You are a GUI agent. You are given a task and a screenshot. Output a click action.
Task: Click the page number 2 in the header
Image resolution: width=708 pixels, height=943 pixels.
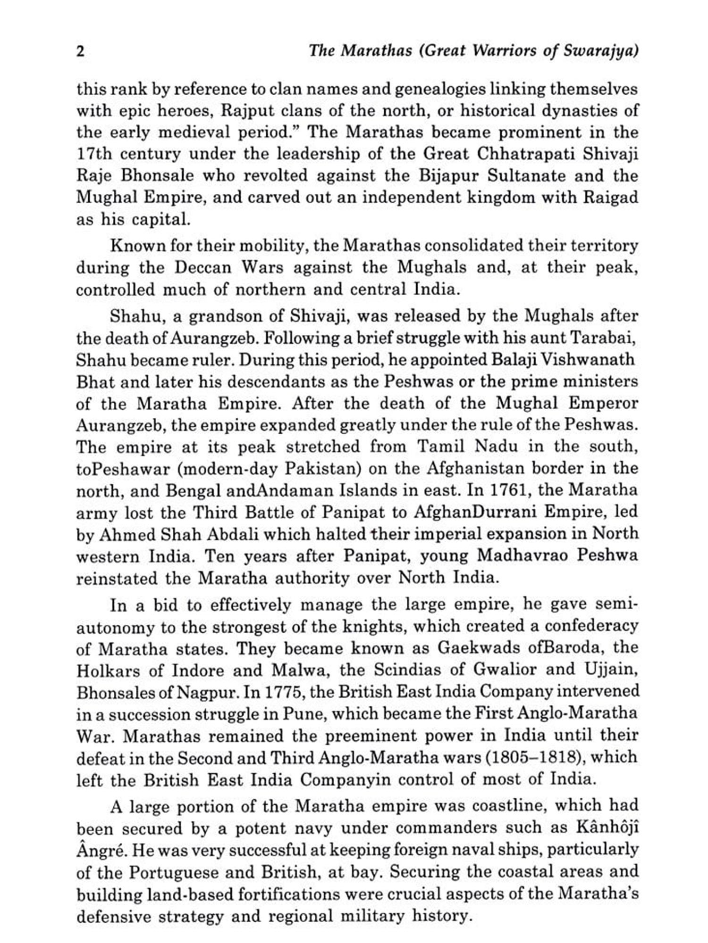tap(81, 51)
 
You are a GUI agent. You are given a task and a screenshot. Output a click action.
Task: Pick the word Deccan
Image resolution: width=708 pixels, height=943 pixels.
tap(203, 267)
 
